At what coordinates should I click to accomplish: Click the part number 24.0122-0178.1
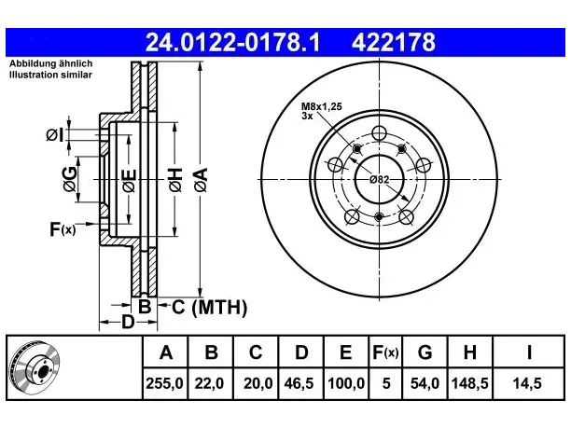(x=232, y=42)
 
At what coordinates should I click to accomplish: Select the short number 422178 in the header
(x=394, y=42)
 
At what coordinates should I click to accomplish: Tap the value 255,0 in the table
(x=164, y=383)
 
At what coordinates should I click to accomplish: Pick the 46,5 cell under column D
(x=299, y=383)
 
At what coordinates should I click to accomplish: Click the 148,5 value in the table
(x=469, y=383)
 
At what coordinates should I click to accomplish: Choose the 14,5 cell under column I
(x=527, y=383)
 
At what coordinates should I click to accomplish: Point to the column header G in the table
(x=425, y=352)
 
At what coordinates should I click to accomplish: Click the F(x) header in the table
(x=385, y=352)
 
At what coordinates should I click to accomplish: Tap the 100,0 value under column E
(x=346, y=383)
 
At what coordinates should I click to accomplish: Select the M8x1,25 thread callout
(x=322, y=106)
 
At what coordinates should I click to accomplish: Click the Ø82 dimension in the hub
(x=380, y=179)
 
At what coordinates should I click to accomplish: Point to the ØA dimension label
(x=201, y=180)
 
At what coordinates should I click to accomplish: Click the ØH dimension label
(x=175, y=180)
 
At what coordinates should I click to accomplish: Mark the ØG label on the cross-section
(x=70, y=179)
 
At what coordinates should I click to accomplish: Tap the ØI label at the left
(x=55, y=135)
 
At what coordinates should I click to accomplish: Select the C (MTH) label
(x=209, y=307)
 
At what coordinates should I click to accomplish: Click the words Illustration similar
(x=50, y=75)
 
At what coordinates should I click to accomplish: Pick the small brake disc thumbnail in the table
(x=35, y=368)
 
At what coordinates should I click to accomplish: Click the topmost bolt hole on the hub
(x=379, y=132)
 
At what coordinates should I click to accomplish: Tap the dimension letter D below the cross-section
(x=128, y=322)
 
